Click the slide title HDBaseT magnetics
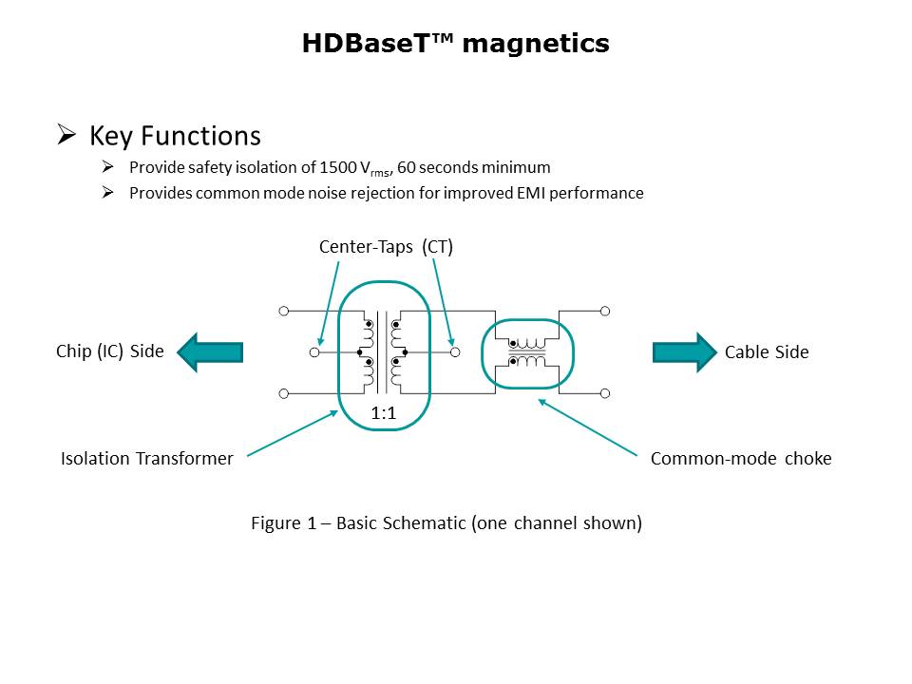click(455, 44)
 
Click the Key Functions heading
click(175, 136)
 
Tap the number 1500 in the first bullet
click(338, 167)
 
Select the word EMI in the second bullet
click(531, 193)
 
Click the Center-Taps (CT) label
click(387, 247)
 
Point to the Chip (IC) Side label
click(110, 351)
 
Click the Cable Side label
click(767, 351)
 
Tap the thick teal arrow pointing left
click(210, 352)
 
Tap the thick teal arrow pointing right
click(685, 352)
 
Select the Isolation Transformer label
click(147, 458)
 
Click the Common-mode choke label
click(741, 458)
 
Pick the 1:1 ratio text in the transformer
click(384, 413)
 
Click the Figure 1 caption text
click(446, 522)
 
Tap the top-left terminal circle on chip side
click(284, 312)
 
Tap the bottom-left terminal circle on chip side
click(284, 393)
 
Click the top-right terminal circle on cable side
click(605, 312)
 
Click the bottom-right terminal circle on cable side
click(605, 393)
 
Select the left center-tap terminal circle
click(314, 352)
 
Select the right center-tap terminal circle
click(455, 352)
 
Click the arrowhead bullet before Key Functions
click(66, 135)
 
